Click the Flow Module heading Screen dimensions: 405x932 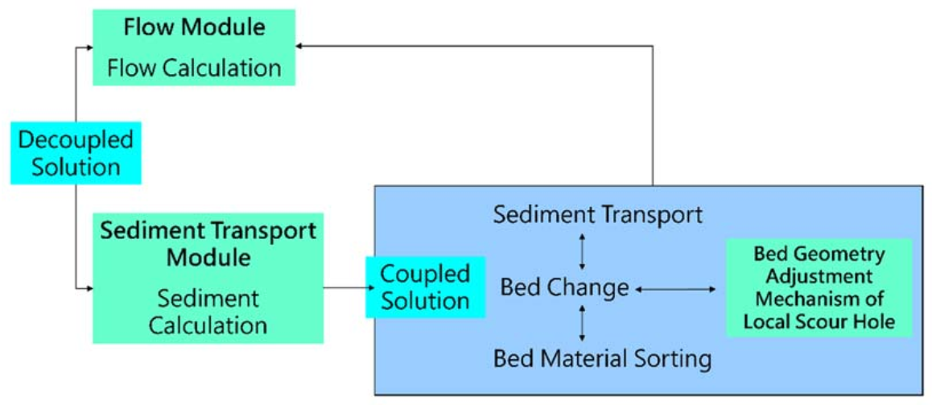(193, 27)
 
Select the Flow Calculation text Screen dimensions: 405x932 (193, 67)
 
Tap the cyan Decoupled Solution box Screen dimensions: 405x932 (76, 152)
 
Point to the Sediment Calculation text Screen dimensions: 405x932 (208, 312)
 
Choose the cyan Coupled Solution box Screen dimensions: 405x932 (426, 287)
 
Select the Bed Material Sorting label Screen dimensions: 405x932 (603, 358)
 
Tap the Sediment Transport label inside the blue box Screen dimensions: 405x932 (598, 215)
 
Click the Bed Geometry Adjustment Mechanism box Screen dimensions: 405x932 (819, 289)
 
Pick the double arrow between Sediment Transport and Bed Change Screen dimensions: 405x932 (582, 250)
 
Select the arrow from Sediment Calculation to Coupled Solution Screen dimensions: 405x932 (344, 286)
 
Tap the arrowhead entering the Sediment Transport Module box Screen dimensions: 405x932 (89, 286)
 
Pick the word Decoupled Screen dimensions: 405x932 (76, 140)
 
